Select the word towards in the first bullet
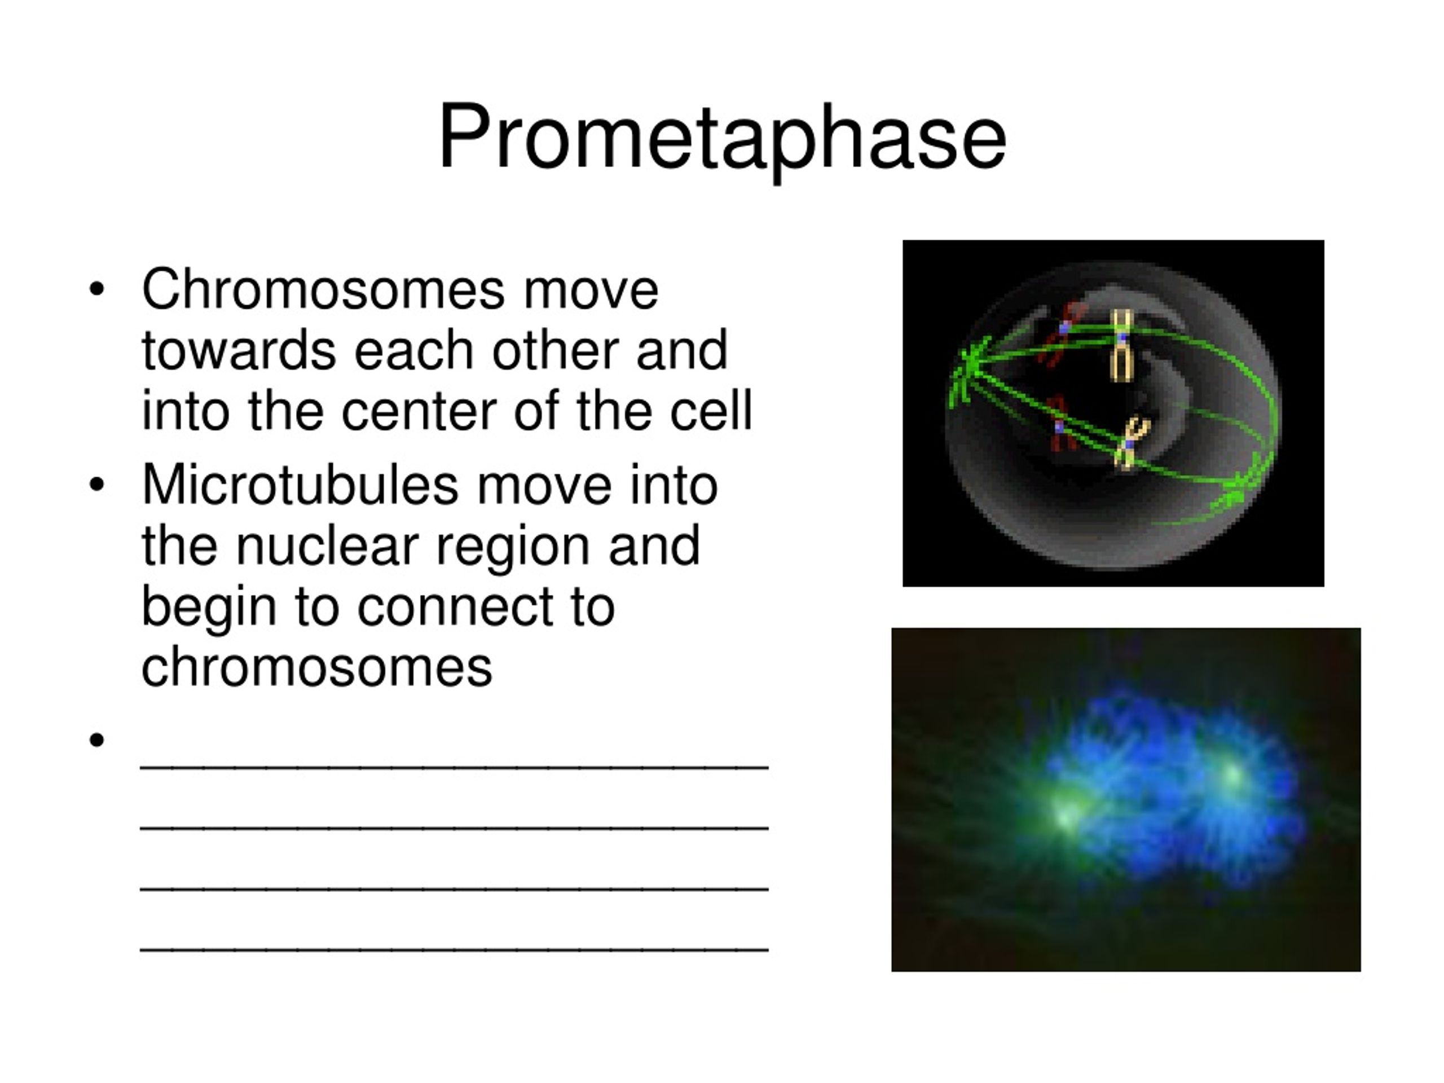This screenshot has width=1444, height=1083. click(x=239, y=350)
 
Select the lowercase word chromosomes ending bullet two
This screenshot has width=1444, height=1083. click(x=316, y=668)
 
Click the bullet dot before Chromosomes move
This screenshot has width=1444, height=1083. click(x=96, y=289)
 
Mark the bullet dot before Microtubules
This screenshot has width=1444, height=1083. click(x=96, y=485)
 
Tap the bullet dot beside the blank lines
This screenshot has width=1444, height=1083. click(x=96, y=739)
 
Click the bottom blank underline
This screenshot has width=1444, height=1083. click(x=454, y=949)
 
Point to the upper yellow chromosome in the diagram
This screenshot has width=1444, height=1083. click(x=1121, y=345)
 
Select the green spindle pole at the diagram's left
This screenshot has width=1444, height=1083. click(x=968, y=372)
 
